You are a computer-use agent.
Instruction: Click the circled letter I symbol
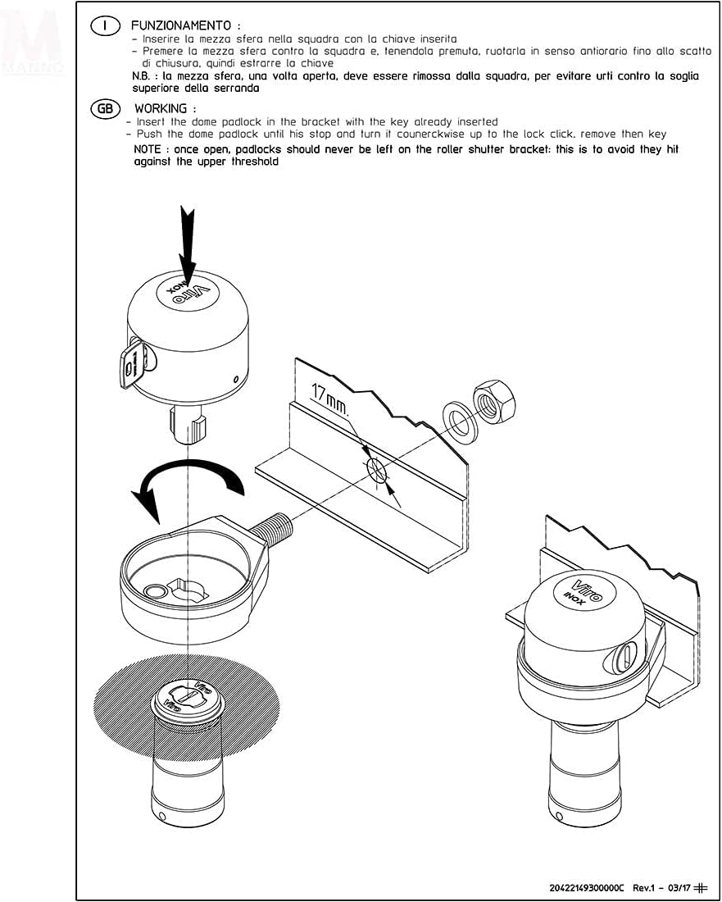tap(105, 26)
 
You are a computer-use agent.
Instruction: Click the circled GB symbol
tap(105, 108)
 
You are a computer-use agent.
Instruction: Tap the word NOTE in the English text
tap(150, 150)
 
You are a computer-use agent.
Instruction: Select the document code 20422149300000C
tap(587, 887)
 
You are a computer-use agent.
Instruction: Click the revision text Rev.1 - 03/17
tap(661, 887)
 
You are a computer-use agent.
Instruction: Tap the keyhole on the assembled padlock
tap(625, 656)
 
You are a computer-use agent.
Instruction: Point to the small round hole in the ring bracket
tap(152, 591)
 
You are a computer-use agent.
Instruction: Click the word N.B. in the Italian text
tap(144, 75)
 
